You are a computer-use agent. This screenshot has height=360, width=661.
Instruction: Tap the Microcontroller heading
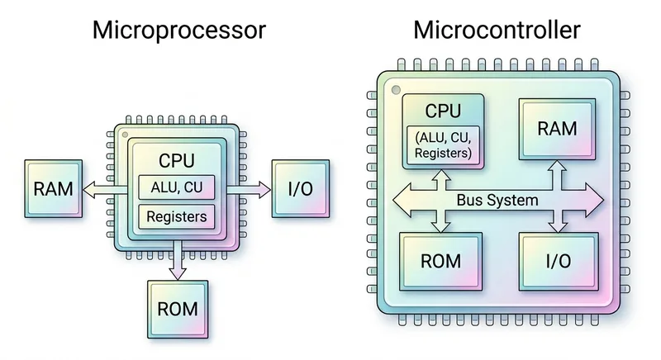point(497,31)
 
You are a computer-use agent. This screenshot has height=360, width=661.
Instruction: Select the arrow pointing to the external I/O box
point(248,190)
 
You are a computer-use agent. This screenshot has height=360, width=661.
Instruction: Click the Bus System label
point(497,201)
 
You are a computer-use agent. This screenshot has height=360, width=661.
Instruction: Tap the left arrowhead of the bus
point(401,201)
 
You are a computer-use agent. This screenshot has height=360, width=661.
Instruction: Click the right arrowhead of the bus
point(593,201)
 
